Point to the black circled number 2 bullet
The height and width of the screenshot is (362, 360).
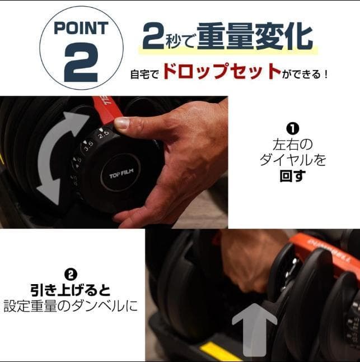[71, 274]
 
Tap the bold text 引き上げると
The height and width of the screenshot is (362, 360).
[71, 291]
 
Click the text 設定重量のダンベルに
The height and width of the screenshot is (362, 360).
[71, 307]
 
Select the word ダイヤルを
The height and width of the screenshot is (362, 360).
[292, 160]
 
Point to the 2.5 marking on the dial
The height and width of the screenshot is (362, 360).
[103, 135]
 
